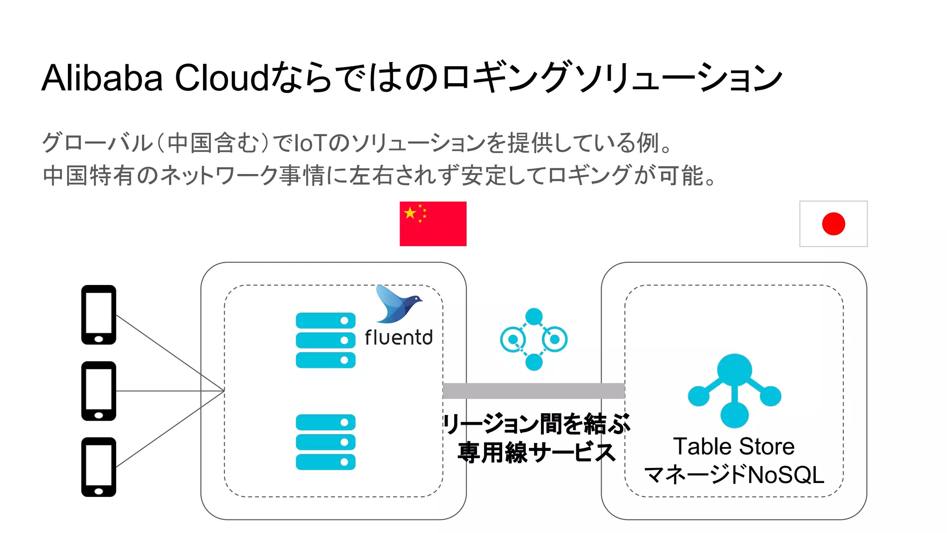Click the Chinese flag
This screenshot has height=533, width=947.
tap(433, 223)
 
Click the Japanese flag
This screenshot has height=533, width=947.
tap(833, 223)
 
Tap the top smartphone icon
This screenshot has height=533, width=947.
tap(98, 315)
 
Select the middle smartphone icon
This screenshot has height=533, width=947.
tap(98, 391)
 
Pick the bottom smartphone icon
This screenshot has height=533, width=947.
tap(98, 467)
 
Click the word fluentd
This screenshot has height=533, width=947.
tap(399, 338)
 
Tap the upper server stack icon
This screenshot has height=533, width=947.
tap(326, 340)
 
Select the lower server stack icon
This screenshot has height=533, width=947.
tap(326, 442)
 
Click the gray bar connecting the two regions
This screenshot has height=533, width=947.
tap(534, 391)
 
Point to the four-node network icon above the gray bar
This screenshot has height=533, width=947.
tap(534, 339)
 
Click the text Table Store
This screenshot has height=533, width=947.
tap(734, 446)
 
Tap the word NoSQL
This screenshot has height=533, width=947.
tap(786, 475)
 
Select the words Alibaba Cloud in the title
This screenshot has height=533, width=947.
tap(155, 78)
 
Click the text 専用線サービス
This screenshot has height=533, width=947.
tap(536, 452)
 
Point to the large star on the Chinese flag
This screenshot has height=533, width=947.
tap(410, 213)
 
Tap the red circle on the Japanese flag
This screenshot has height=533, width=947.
tap(833, 224)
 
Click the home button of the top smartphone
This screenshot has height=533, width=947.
tap(98, 339)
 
